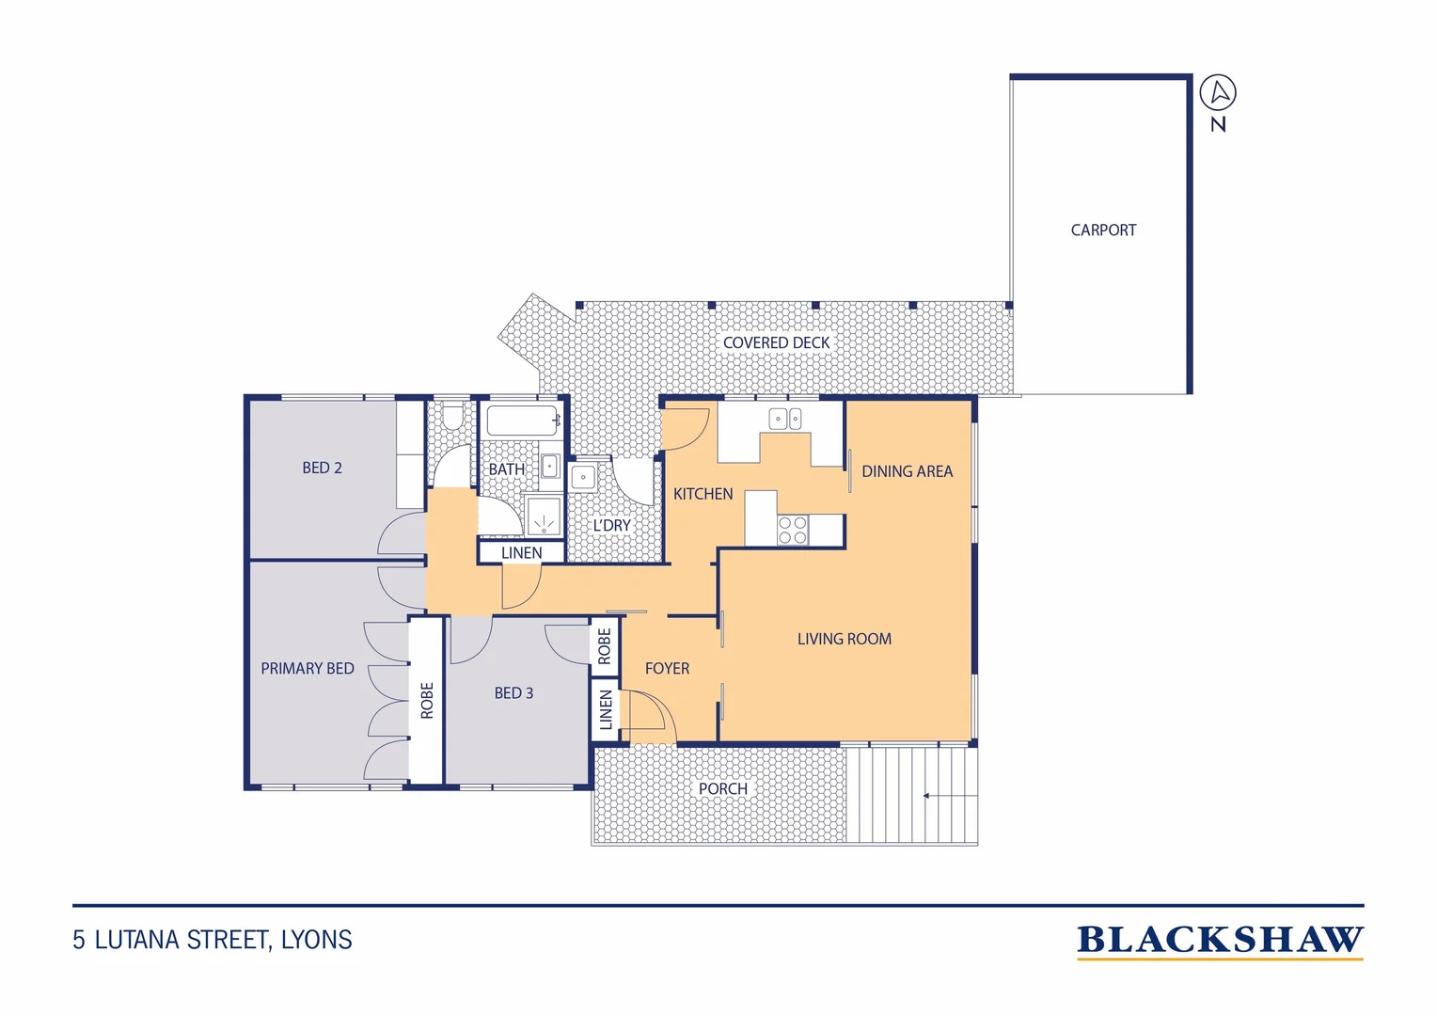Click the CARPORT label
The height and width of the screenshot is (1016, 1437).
[1103, 230]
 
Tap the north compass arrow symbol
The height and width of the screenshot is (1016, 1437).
[1218, 92]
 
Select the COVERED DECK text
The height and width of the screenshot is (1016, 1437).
[776, 342]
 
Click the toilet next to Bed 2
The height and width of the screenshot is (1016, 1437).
[453, 415]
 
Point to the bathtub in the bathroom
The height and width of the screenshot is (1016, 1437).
[522, 421]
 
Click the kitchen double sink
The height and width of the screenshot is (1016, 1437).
[785, 420]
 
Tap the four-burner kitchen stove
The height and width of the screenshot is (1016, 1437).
[792, 531]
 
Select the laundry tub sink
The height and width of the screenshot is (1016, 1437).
[583, 478]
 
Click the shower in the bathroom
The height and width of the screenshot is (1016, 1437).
[544, 516]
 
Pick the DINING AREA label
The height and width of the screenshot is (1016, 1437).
[908, 471]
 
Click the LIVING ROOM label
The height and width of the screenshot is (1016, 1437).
[845, 640]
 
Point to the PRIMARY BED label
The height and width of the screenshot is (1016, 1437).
[308, 669]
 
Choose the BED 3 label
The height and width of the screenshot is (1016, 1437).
[513, 693]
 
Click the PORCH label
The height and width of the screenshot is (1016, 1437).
[723, 788]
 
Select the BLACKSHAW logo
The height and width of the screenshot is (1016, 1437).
[1220, 941]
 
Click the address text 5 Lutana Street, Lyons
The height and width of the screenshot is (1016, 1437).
[213, 940]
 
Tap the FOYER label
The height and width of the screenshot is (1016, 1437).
[667, 669]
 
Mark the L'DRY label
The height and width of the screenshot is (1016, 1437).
[611, 526]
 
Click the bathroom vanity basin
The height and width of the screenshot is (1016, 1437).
[550, 466]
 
